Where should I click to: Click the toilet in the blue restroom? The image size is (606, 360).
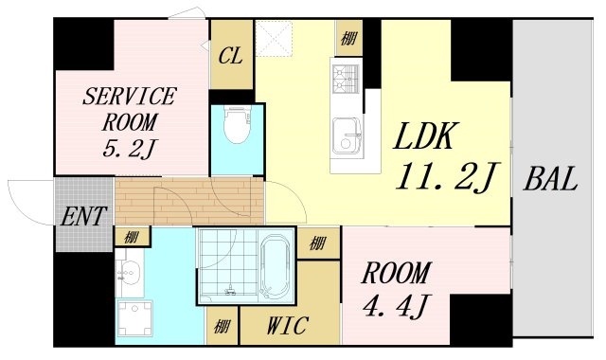[237, 124]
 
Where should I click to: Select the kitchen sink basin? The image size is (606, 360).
[347, 136]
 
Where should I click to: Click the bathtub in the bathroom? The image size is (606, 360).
[276, 267]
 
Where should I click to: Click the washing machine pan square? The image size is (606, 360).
[134, 319]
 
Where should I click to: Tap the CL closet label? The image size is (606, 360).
[231, 56]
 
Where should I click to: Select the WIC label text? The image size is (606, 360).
[288, 325]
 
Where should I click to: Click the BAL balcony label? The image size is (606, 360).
[551, 179]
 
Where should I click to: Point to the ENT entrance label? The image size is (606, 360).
[83, 216]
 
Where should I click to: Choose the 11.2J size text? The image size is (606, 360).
[448, 177]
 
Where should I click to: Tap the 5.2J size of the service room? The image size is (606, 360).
[129, 149]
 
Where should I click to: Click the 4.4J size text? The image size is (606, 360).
[396, 304]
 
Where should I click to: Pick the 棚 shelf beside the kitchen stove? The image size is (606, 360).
[348, 38]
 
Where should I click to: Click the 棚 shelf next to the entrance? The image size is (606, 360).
[132, 237]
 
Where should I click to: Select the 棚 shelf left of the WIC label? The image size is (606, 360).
[222, 327]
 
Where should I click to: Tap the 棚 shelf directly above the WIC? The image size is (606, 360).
[317, 243]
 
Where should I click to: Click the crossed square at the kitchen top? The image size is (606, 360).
[275, 39]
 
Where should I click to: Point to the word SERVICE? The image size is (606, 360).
[130, 97]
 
